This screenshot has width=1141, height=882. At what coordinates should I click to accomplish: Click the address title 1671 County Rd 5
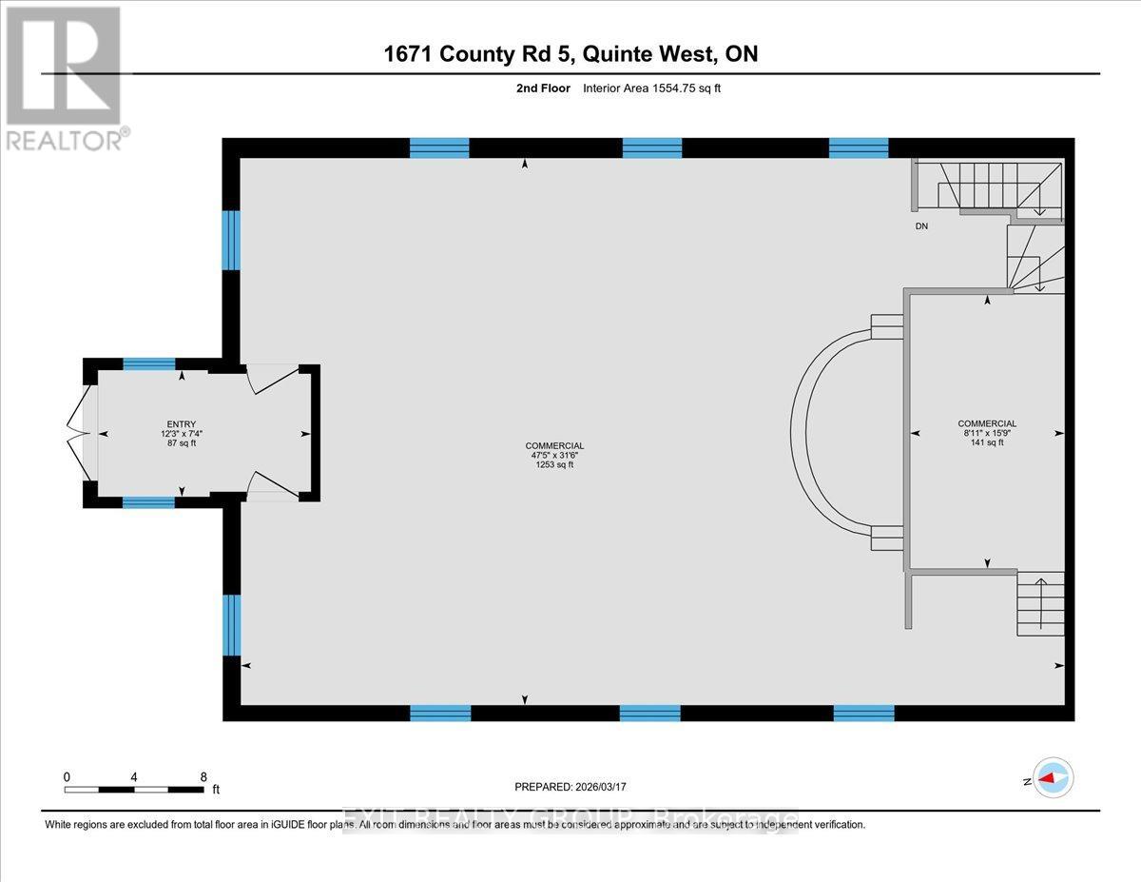(570, 54)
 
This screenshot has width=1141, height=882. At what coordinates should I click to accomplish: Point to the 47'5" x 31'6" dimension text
(554, 455)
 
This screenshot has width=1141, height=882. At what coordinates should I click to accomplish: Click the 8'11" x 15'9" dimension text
(987, 433)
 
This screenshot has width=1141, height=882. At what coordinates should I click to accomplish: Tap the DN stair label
(921, 226)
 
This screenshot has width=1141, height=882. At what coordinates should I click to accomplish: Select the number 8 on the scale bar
(203, 776)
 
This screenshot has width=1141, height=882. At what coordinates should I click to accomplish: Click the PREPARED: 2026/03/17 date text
(570, 787)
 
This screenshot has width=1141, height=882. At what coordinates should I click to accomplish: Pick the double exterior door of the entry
(80, 434)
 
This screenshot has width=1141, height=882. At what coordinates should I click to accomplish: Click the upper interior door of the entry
(272, 380)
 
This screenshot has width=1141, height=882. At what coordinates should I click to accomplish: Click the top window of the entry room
(149, 363)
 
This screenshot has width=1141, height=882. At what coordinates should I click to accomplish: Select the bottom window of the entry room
(148, 502)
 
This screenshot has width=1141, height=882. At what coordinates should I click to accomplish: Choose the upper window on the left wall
(231, 240)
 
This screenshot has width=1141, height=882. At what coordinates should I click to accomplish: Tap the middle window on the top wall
(651, 147)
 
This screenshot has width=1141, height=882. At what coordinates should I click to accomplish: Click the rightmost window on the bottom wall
(863, 713)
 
